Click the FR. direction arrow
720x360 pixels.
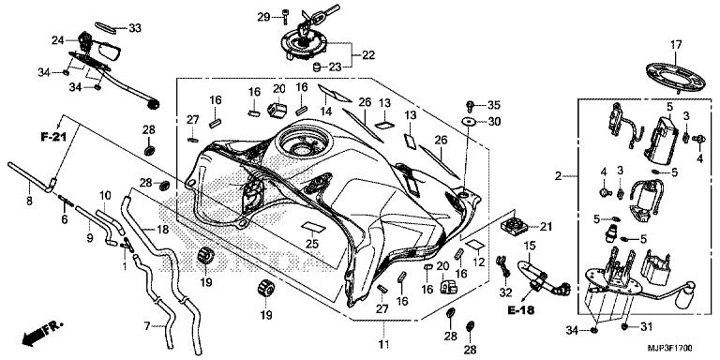[41, 334]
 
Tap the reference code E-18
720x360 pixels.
[521, 310]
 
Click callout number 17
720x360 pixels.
[676, 45]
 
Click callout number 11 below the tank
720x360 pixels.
[383, 343]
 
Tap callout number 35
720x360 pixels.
[494, 105]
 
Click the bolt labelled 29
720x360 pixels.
[285, 17]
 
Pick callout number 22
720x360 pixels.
[368, 55]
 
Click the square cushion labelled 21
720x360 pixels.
[513, 225]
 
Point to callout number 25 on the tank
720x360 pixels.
[312, 245]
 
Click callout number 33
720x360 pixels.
[135, 28]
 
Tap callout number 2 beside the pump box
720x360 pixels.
[558, 175]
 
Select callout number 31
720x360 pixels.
[646, 326]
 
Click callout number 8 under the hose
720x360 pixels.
[29, 201]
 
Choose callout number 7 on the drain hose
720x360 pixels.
[147, 326]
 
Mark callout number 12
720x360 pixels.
[478, 262]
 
